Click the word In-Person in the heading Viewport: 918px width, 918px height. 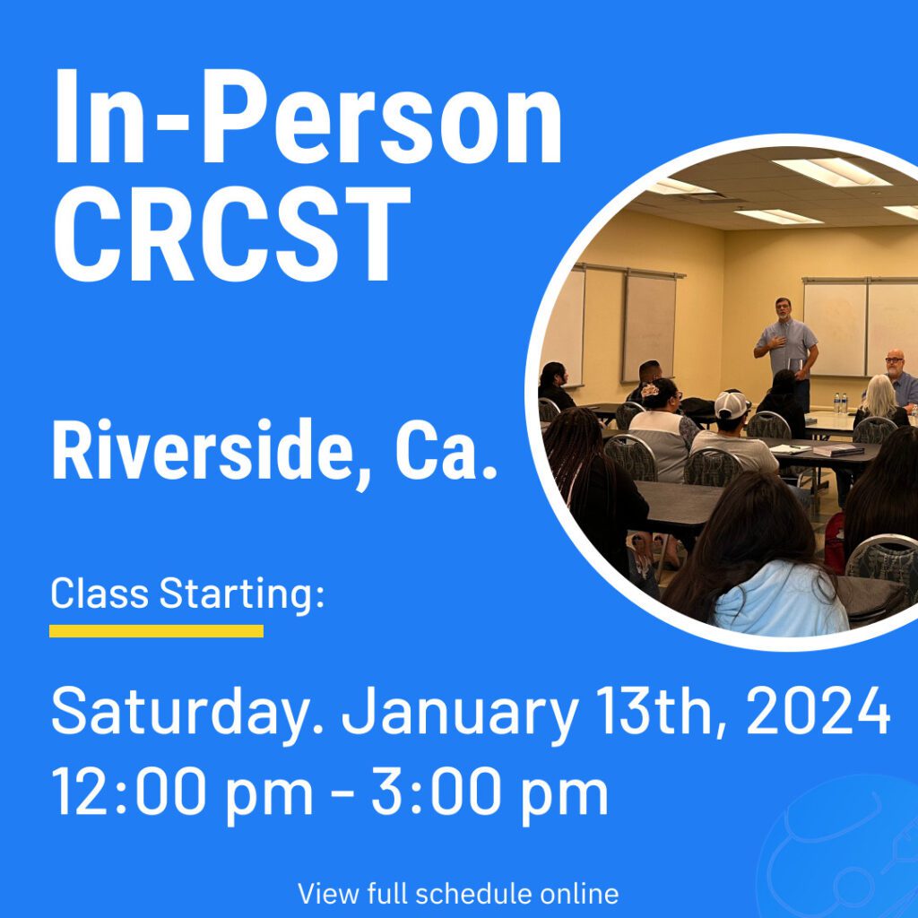[308, 117]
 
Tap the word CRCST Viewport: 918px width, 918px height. [232, 234]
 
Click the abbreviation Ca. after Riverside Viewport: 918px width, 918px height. [446, 451]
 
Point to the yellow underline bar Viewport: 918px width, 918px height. [156, 630]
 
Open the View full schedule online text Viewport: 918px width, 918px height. [458, 894]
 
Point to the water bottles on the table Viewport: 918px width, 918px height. [841, 403]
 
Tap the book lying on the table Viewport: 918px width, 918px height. [838, 451]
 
